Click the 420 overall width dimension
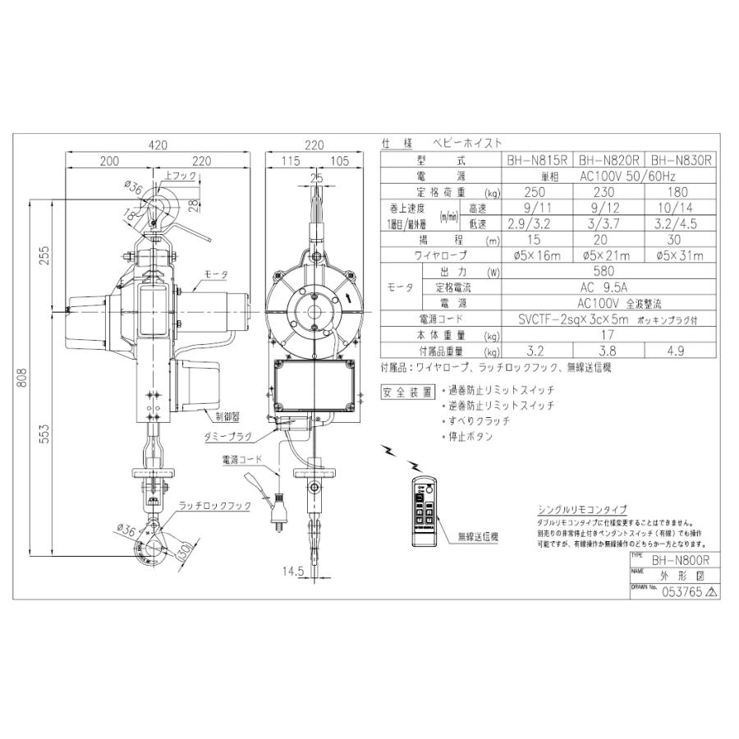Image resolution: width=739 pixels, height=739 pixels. (158, 145)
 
